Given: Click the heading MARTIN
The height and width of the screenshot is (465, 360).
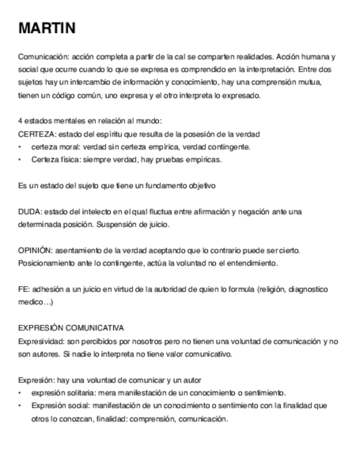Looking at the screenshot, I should [x=47, y=29].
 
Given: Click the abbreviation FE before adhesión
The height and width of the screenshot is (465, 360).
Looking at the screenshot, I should [x=23, y=289].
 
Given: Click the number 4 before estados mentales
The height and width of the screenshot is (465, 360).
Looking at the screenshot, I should [x=21, y=121].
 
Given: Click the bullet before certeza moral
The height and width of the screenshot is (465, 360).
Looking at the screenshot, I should [x=20, y=147].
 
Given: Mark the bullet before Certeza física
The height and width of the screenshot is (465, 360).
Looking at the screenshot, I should [x=20, y=160].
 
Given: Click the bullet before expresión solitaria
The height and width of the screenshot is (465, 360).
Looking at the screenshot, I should [x=20, y=393].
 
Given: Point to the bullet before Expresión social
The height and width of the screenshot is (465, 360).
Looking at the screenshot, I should [x=20, y=406].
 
